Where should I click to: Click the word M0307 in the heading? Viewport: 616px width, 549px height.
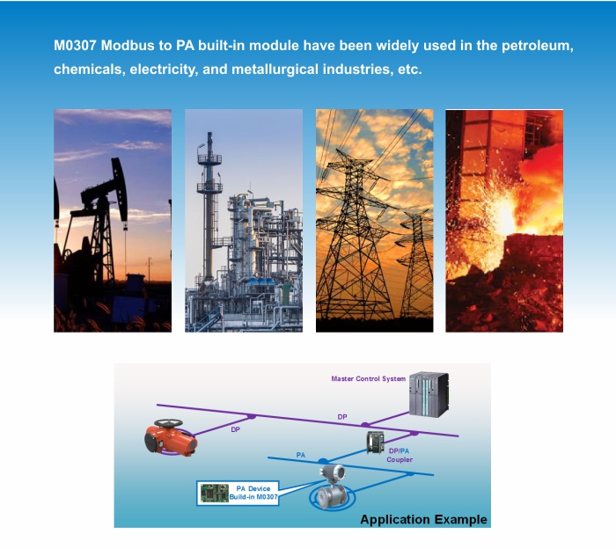click(x=75, y=46)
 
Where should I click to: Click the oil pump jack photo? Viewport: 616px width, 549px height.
click(x=113, y=221)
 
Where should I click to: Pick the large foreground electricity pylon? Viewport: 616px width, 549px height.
click(x=356, y=236)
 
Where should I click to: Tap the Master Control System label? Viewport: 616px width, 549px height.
click(x=368, y=378)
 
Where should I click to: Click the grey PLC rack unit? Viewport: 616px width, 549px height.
click(x=429, y=394)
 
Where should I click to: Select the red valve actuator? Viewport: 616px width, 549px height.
click(x=171, y=439)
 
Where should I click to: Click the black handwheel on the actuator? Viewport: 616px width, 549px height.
click(x=168, y=423)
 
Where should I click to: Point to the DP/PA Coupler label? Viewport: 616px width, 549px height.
click(x=400, y=455)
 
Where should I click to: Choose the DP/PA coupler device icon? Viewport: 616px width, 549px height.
click(x=375, y=443)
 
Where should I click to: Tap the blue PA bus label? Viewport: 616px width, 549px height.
click(x=301, y=455)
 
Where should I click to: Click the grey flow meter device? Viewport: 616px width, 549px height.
click(x=333, y=487)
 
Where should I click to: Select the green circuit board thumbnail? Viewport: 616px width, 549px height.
click(x=215, y=493)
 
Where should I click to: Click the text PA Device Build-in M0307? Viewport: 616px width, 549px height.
click(x=253, y=493)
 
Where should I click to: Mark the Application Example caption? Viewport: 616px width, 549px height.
click(x=423, y=519)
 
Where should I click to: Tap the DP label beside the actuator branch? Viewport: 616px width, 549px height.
click(x=235, y=429)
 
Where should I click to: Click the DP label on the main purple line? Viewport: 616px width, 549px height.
click(x=342, y=417)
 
